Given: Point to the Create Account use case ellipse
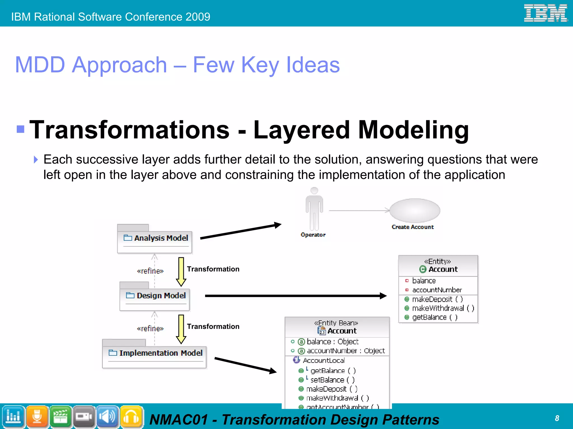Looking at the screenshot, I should tap(415, 210).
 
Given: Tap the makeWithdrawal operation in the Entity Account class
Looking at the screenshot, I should tap(443, 308).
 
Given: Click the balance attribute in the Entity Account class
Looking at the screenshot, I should tap(424, 280).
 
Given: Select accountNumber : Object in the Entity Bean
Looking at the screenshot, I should tap(346, 351).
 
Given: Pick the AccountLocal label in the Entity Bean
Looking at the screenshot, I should tap(323, 360).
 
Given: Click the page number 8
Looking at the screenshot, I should tap(557, 418).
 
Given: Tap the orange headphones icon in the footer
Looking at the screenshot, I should tap(131, 417).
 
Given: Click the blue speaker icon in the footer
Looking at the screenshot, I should tap(107, 417).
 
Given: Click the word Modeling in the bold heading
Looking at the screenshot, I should tap(413, 130).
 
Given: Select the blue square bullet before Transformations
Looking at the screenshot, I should tap(20, 129).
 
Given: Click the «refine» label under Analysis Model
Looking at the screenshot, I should tap(150, 271).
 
